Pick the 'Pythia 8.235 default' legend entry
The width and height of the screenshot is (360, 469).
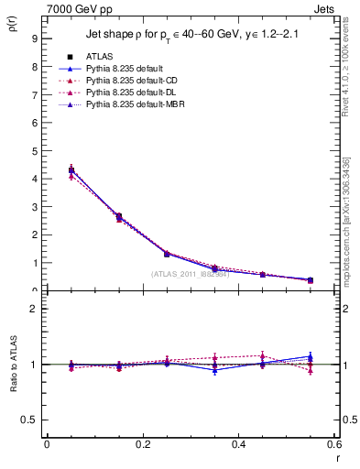125,69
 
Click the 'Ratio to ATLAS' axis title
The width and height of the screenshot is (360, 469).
13,365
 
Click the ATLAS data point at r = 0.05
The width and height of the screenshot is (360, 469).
71,170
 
